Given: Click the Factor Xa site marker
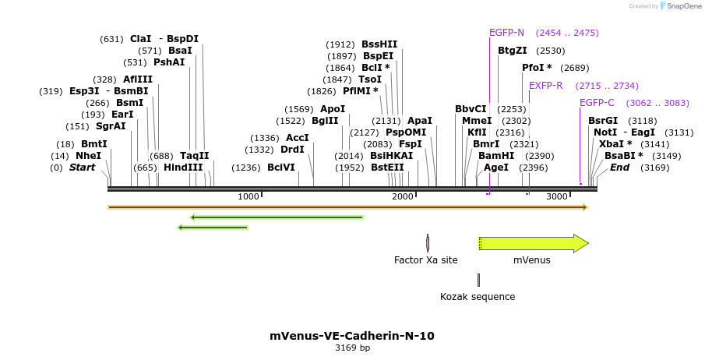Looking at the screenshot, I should coord(428,243).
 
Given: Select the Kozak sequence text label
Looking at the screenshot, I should coord(478,297).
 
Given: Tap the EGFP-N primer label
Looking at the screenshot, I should coord(506,33).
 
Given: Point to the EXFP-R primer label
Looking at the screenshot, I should coord(546,86).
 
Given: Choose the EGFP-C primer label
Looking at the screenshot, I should coord(597,103).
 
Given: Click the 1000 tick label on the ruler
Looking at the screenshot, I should coord(249,196).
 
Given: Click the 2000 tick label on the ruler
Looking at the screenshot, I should coord(403,196).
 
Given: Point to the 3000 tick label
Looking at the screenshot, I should coord(557,196).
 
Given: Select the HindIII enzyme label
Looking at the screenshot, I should coord(183,168).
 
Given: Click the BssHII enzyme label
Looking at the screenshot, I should coord(379,44).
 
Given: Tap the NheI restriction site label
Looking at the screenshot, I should coord(88,156).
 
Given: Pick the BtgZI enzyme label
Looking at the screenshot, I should coord(513,51).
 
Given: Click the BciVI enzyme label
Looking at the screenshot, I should coord(281,168).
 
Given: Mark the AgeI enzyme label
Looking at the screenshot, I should coord(496,168).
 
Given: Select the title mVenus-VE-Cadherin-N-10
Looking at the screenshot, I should coord(352,336).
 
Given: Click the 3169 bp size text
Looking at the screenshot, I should coord(352,348).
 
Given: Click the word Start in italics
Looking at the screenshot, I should coord(82,168).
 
